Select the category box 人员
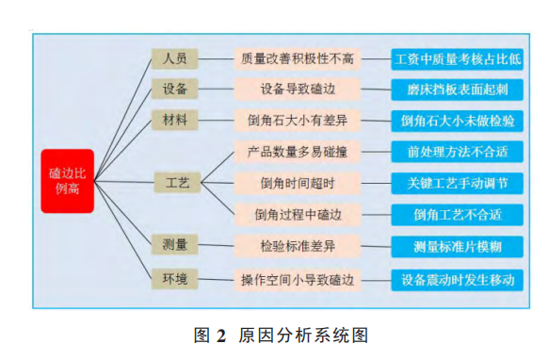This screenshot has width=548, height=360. click(x=174, y=58)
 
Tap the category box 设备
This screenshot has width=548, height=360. click(x=174, y=89)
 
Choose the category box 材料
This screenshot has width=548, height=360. click(x=174, y=120)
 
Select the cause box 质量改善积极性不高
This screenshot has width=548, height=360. click(x=298, y=58)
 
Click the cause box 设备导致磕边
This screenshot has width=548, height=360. click(x=298, y=89)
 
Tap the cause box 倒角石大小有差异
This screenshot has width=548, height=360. click(x=298, y=120)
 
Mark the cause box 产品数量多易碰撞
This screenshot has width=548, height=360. click(x=298, y=151)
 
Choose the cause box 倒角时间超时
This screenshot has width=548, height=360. click(x=298, y=182)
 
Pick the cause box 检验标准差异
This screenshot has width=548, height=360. click(x=298, y=245)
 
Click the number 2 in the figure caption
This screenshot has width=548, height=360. click(x=221, y=335)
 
